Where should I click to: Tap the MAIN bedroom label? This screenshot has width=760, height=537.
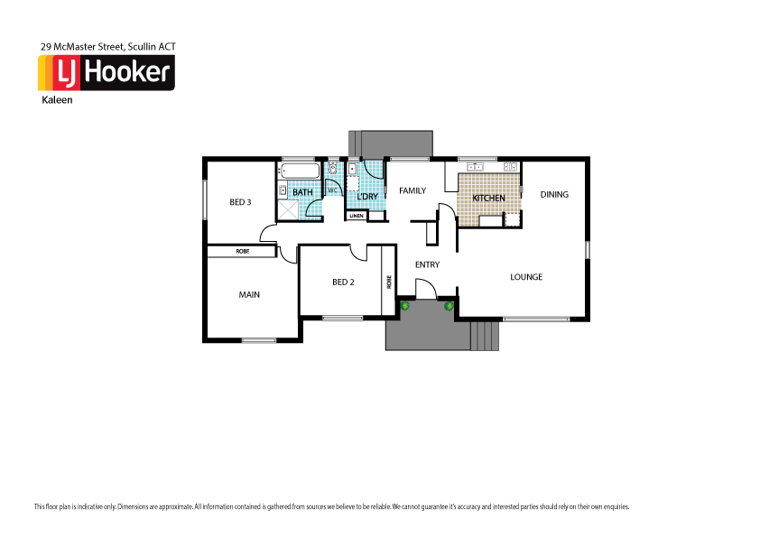(249, 294)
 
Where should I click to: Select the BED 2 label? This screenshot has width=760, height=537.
(343, 282)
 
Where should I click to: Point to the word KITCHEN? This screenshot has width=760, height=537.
(488, 198)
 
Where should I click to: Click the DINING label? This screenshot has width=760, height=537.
(554, 194)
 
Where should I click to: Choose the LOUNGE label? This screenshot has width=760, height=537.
(526, 277)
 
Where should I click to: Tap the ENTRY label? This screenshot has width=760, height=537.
(427, 264)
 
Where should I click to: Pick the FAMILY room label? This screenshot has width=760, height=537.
(412, 190)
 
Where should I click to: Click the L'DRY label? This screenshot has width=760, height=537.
(366, 196)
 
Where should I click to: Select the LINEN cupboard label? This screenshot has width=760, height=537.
(357, 216)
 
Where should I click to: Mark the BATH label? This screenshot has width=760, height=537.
(302, 192)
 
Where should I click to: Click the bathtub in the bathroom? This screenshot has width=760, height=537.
(299, 171)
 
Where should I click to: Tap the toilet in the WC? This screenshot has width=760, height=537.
(333, 169)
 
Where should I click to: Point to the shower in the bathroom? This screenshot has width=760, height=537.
(287, 209)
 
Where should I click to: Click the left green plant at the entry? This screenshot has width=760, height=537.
(405, 306)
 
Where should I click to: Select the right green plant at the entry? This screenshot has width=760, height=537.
(449, 306)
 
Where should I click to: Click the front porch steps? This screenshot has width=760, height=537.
(485, 336)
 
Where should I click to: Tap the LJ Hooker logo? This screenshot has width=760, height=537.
(106, 73)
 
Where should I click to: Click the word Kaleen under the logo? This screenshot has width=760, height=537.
(56, 101)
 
